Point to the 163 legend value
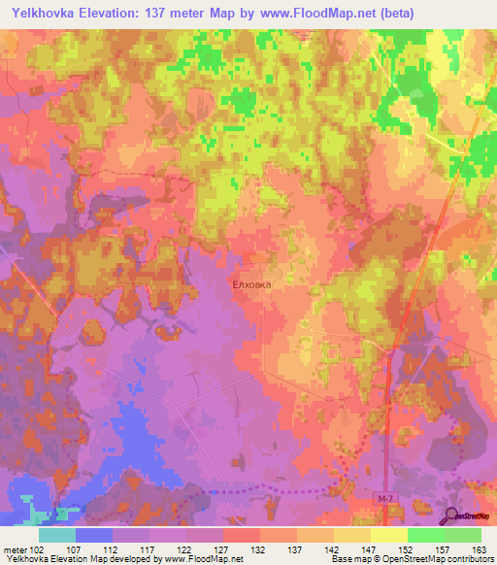point(480,548)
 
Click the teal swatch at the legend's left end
point(56,535)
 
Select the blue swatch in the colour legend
point(93,535)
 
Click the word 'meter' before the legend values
point(16,548)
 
